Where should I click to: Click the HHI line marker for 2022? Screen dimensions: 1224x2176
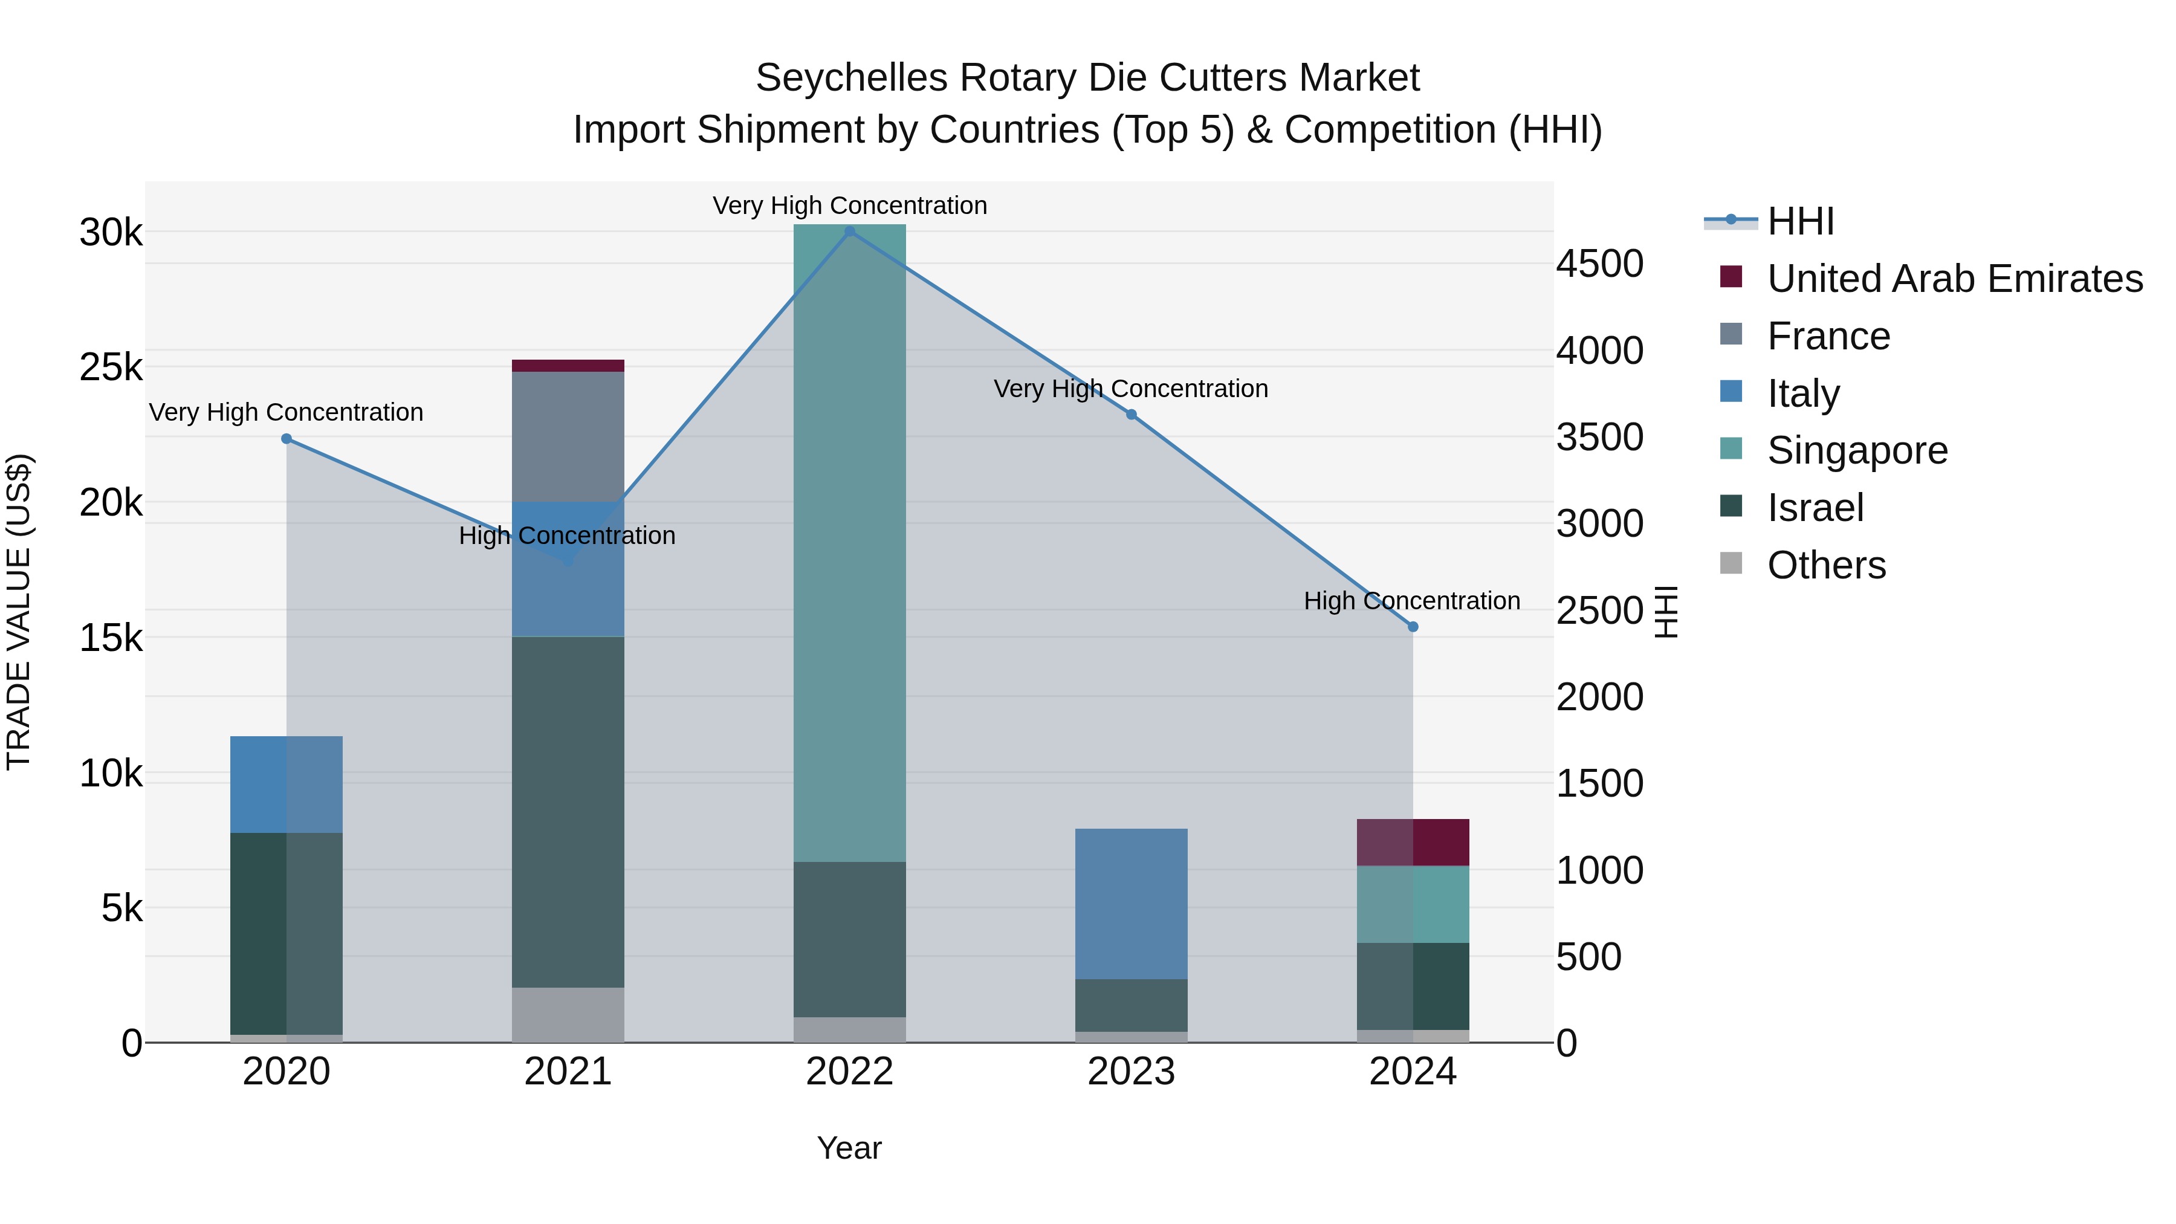pos(850,232)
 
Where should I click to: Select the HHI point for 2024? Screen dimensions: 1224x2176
pos(1413,627)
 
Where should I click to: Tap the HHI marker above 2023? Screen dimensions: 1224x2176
pos(1132,415)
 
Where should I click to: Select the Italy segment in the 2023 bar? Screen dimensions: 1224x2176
pos(1132,903)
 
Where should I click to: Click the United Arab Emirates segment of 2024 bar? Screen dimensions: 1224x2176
pos(1413,842)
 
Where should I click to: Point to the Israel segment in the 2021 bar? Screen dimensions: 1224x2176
pos(568,811)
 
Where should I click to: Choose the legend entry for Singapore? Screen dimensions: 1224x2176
pos(1857,450)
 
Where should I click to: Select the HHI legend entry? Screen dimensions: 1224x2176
pos(1800,221)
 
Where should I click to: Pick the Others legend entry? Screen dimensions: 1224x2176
pos(1826,565)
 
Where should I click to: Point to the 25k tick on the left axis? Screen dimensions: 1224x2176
pos(111,368)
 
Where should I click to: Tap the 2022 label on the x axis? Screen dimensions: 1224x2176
pos(850,1072)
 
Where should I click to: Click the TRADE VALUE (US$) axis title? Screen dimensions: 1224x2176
pos(19,612)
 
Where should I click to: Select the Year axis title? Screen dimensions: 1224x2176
pos(849,1148)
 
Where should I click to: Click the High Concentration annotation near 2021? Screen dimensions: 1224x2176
pos(567,536)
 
